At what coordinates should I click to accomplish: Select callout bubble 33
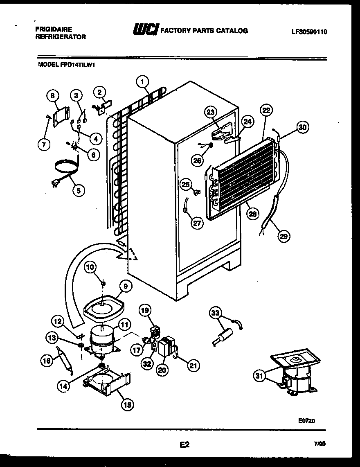pyautogui.click(x=216, y=314)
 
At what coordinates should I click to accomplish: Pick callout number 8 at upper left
pyautogui.click(x=52, y=96)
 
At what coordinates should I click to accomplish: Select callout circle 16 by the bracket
pyautogui.click(x=47, y=360)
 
